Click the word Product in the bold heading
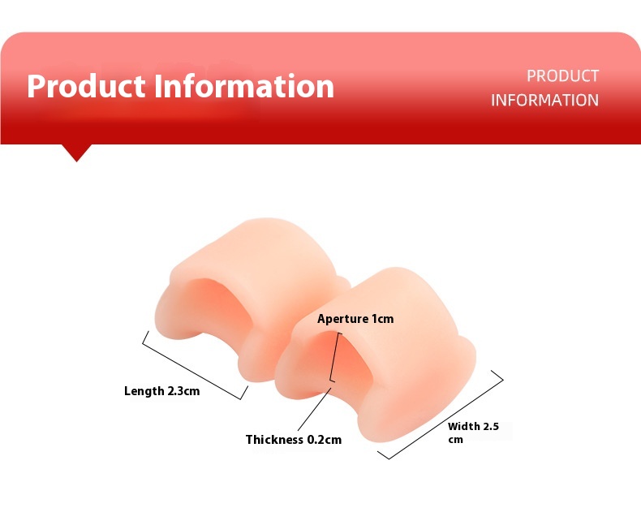point(86,86)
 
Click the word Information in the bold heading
point(244,86)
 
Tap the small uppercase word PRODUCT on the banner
point(562,76)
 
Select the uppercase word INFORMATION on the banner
point(544,100)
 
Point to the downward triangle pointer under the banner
point(76,153)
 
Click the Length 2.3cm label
point(162,391)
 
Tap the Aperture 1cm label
point(355,319)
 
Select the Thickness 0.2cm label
point(294,440)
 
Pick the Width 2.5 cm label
point(473,432)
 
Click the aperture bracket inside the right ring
point(333,358)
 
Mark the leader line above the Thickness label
point(314,409)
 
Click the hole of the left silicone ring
point(217,307)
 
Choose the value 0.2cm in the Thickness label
point(325,440)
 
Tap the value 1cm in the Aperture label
point(382,319)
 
